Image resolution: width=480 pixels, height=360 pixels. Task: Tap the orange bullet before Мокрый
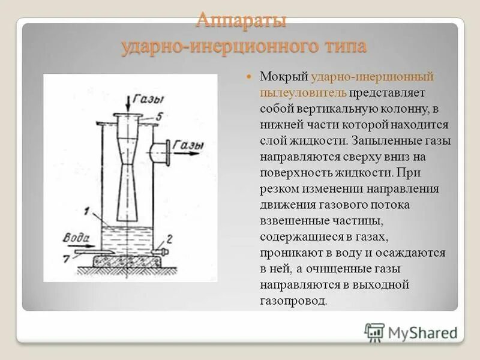[x=249, y=78]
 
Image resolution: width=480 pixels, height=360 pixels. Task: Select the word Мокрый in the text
[x=284, y=77]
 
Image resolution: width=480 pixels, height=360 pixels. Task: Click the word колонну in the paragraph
[x=403, y=109]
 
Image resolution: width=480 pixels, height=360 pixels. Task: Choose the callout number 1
[x=88, y=211]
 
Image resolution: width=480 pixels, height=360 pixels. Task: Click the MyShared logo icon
[x=374, y=332]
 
